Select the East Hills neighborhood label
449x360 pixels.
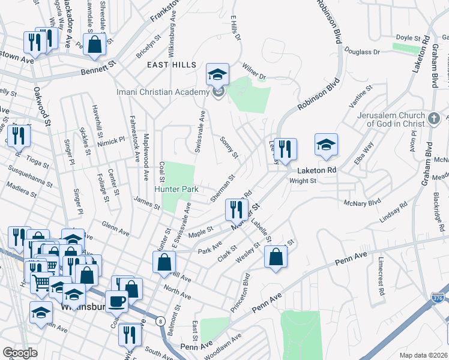(x=171, y=64)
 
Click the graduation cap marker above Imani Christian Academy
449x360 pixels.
(x=218, y=74)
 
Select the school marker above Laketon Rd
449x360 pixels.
(x=327, y=145)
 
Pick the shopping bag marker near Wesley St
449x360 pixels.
(x=276, y=257)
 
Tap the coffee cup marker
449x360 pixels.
(x=116, y=301)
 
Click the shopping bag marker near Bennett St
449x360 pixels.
(x=95, y=44)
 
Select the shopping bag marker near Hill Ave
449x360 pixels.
(x=164, y=262)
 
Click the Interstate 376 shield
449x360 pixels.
(x=437, y=297)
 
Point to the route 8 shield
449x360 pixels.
(x=160, y=321)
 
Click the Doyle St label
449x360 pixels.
(x=410, y=38)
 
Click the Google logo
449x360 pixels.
(x=20, y=353)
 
